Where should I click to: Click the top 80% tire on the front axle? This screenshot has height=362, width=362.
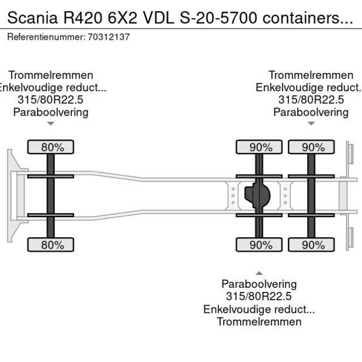pos(52,148)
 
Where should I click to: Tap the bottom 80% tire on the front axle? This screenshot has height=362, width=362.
pos(52,245)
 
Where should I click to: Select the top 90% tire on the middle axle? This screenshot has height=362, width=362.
pos(259,148)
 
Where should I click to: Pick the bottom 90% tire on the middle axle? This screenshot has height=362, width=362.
pos(259,245)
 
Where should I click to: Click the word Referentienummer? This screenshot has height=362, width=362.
pos(46,37)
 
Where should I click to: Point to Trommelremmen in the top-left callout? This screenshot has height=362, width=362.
pos(51,75)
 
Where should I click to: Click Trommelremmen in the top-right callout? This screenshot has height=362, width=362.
pos(311,75)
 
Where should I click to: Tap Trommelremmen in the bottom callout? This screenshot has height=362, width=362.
pos(259,322)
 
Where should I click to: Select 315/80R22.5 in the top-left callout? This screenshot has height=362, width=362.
pos(51,100)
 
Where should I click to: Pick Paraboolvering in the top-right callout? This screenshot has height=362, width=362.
pos(311,112)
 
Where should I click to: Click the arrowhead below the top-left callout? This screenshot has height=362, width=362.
pos(51,123)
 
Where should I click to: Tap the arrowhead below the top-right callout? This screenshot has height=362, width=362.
pos(311,123)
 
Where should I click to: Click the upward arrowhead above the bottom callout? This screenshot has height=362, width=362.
pos(259,273)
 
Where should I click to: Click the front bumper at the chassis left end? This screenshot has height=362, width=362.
pos(12,196)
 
